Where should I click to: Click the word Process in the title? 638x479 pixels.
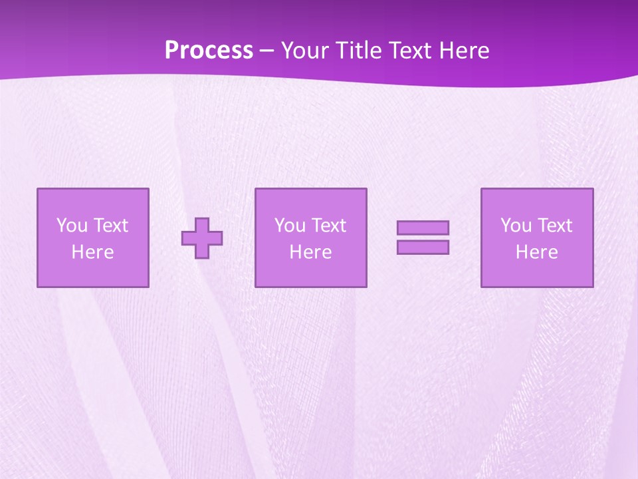(209, 51)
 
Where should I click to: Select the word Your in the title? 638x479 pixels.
(303, 51)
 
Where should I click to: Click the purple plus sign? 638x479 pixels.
(202, 238)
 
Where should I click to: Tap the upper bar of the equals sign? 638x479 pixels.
(423, 228)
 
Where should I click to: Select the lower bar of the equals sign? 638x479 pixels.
(423, 247)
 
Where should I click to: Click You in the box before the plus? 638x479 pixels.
(72, 226)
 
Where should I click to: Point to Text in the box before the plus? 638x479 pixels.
(110, 226)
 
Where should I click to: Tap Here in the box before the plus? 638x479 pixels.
(92, 252)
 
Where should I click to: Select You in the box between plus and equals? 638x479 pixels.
(290, 226)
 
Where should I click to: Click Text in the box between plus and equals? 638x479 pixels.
(328, 226)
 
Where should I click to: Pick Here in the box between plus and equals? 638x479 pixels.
(310, 252)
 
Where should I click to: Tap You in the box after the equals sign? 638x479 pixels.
(516, 226)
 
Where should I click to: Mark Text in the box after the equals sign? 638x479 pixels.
(554, 226)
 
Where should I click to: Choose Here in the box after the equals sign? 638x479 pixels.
(536, 252)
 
